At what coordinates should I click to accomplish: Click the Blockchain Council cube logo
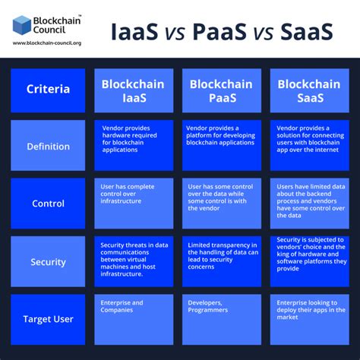coord(23,24)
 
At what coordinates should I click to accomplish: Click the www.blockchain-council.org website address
coord(47,43)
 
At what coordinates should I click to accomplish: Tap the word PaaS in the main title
coord(220,33)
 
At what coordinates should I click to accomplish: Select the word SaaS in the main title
coord(307,33)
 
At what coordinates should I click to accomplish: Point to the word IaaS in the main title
coord(137,33)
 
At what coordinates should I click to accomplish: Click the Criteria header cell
coord(48,90)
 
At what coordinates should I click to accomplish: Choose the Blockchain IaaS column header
coord(134,90)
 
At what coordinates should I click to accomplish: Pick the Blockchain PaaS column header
coord(222,90)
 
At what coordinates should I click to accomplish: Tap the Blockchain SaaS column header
coord(309,90)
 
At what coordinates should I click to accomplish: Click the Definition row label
coord(48,146)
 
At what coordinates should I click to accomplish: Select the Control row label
coord(48,204)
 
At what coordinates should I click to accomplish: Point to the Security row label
coord(48,262)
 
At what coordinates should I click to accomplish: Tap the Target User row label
coord(48,319)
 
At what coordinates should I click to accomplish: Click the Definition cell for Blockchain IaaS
coord(134,146)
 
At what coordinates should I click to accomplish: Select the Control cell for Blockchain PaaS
coord(222,204)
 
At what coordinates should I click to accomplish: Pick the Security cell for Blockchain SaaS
coord(309,262)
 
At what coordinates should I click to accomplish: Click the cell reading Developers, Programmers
coord(222,319)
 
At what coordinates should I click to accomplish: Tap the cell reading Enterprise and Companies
coord(134,319)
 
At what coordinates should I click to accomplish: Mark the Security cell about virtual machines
coord(134,262)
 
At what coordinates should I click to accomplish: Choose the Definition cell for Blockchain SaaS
coord(309,146)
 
